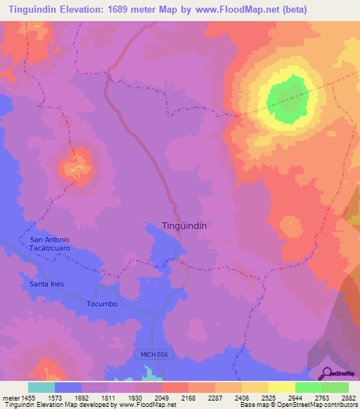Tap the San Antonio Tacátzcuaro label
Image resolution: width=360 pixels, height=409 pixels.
click(50, 244)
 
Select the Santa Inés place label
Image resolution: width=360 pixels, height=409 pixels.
click(48, 284)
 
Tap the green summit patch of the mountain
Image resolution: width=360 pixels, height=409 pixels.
click(288, 97)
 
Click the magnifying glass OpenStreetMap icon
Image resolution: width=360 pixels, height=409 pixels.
click(326, 373)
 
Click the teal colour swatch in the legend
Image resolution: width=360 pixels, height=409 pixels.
click(41, 387)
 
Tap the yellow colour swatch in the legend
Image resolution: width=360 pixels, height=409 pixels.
click(282, 387)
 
